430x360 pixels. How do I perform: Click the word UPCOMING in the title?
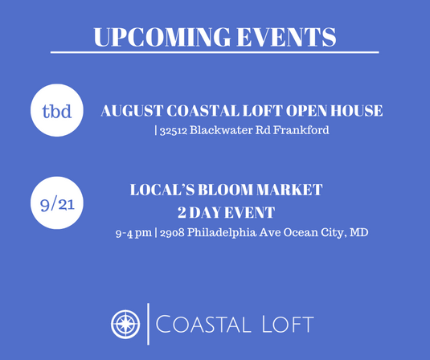pyautogui.click(x=152, y=36)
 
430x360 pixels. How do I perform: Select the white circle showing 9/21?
pyautogui.click(x=57, y=204)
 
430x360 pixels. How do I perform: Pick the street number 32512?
pyautogui.click(x=173, y=130)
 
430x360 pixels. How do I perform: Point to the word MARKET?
pyautogui.click(x=292, y=190)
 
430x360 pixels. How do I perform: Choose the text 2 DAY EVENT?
pyautogui.click(x=226, y=213)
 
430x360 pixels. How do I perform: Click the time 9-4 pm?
pyautogui.click(x=134, y=234)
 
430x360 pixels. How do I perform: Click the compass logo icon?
pyautogui.click(x=126, y=323)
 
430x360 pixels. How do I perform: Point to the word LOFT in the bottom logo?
pyautogui.click(x=282, y=325)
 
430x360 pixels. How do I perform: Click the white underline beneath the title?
pyautogui.click(x=215, y=53)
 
